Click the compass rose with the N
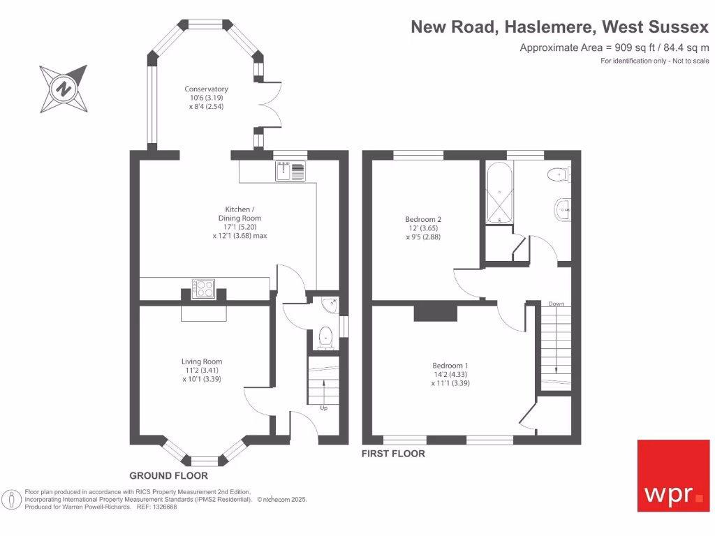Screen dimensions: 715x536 point(64,89)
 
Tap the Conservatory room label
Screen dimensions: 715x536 point(206,89)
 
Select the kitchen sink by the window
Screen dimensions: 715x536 point(290,172)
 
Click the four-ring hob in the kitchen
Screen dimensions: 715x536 point(203,288)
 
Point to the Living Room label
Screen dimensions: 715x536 point(202,362)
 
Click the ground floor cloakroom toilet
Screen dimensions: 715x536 point(325,338)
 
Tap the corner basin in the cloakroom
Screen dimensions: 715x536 point(330,305)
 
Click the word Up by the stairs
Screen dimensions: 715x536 point(324,408)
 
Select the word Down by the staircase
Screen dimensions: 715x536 point(556,304)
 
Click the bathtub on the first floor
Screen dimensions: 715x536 point(500,193)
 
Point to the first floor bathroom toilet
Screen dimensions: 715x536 point(559,174)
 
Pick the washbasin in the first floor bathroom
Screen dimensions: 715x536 point(563,210)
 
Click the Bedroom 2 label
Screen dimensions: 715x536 point(423,219)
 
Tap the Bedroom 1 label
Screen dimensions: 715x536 point(450,366)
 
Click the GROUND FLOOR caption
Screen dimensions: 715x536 point(169,476)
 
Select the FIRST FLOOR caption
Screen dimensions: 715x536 point(394,454)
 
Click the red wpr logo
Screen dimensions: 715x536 point(674,476)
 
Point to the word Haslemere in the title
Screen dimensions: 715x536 point(550,27)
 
